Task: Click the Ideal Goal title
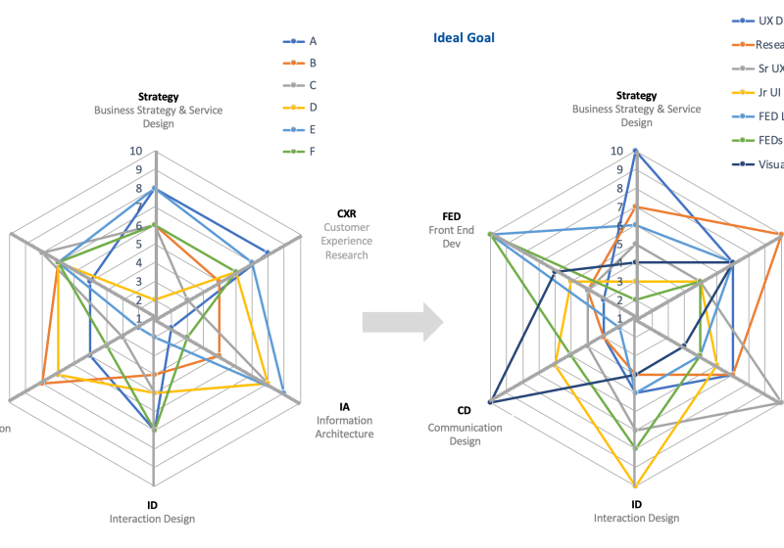(x=464, y=38)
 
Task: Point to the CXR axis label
(x=346, y=213)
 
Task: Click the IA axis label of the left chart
(x=344, y=406)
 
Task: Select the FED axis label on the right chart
(x=451, y=216)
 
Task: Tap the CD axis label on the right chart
(x=464, y=410)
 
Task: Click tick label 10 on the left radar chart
(x=136, y=152)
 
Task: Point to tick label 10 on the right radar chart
(x=617, y=152)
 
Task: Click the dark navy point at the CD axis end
(x=491, y=401)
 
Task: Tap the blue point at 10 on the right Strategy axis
(x=635, y=152)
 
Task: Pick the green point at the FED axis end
(x=491, y=235)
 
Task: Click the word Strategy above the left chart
(x=158, y=97)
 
